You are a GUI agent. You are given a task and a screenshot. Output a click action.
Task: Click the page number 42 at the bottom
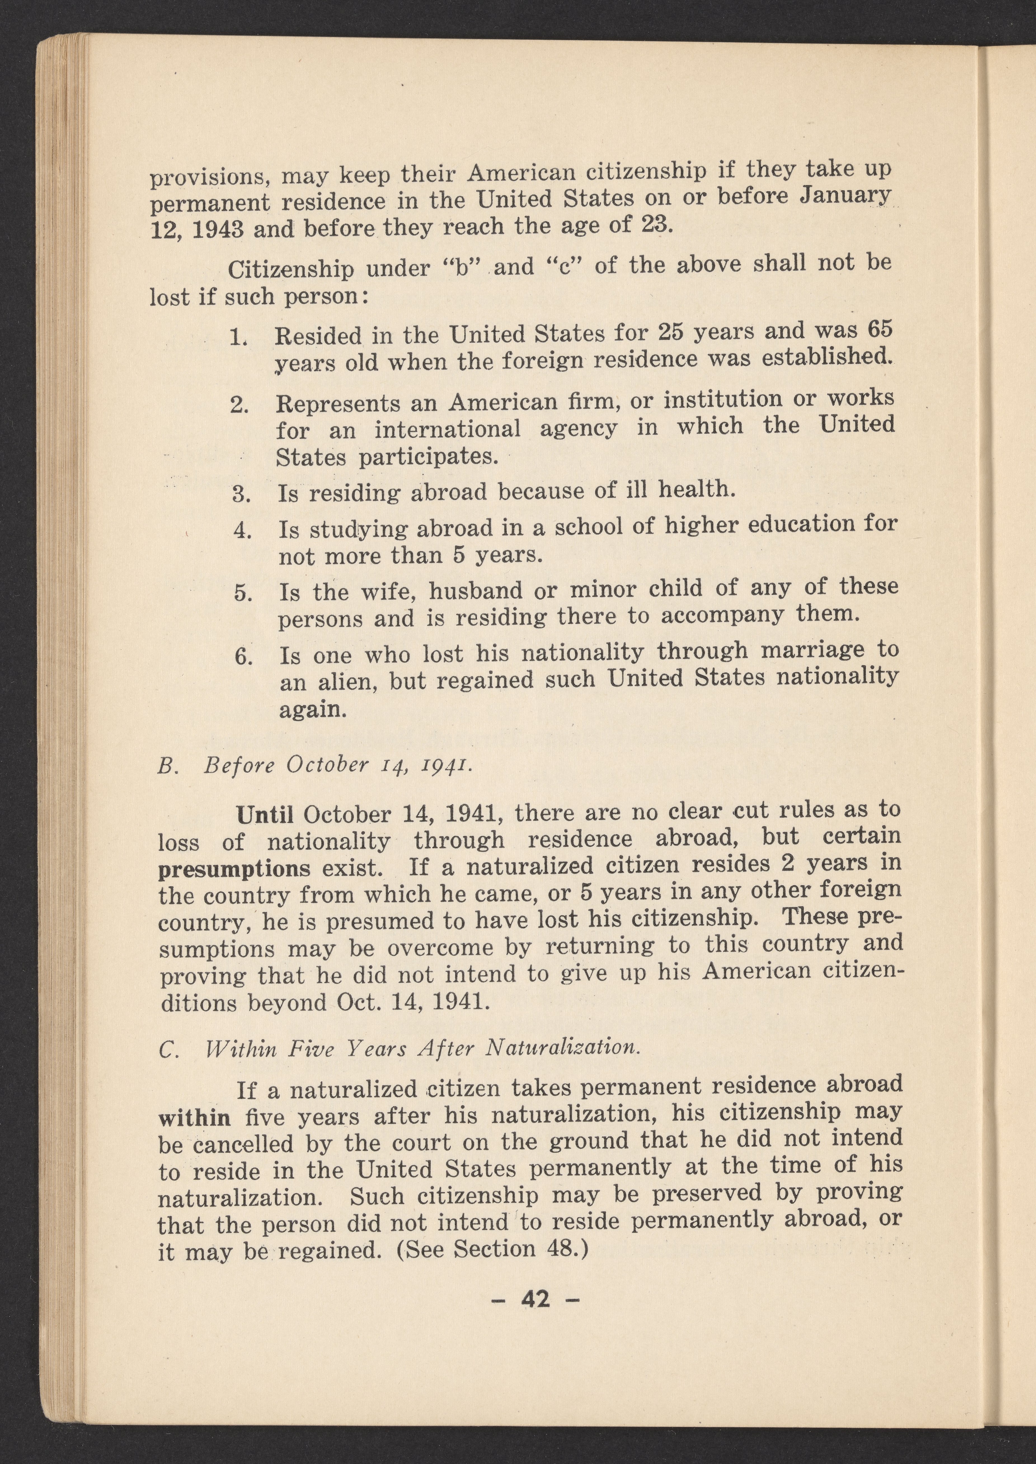(x=535, y=1299)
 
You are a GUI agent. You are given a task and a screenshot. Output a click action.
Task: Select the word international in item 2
(x=447, y=429)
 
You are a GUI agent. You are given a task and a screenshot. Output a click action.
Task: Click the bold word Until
(x=264, y=815)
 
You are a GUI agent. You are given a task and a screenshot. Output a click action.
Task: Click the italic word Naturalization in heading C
(x=562, y=1048)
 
